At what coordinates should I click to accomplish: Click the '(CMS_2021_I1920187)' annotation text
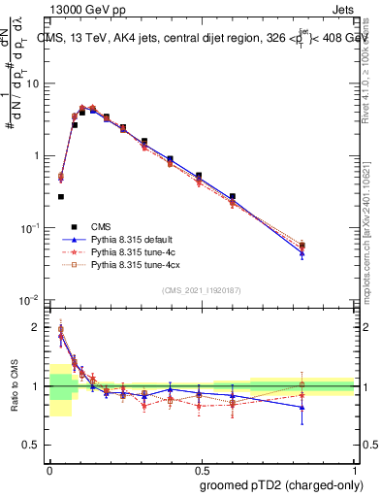200,290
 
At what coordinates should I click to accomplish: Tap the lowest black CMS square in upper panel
61,196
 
